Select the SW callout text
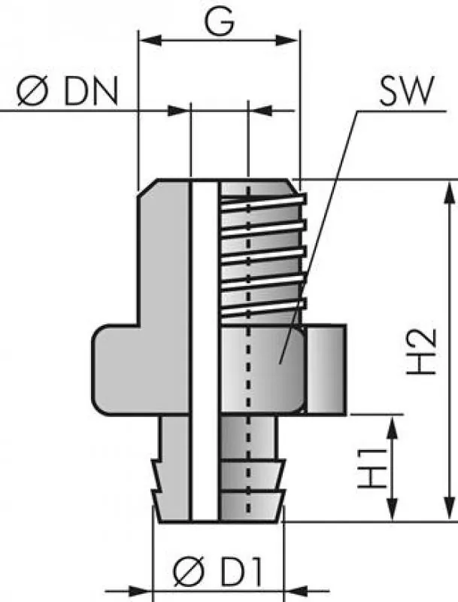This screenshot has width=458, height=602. (407, 94)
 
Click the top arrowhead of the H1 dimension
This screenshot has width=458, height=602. (393, 425)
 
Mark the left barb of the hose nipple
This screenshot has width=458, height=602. (159, 482)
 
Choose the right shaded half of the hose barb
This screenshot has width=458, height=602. (256, 467)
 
